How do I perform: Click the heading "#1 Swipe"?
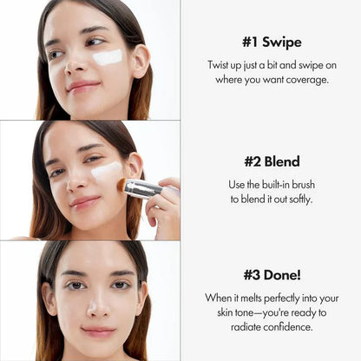tap(271, 42)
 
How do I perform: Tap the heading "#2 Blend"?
tap(271, 161)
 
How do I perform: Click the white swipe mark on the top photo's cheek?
tap(108, 57)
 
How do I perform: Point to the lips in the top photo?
tap(84, 87)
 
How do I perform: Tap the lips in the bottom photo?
tap(97, 331)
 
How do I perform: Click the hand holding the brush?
tap(163, 204)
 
